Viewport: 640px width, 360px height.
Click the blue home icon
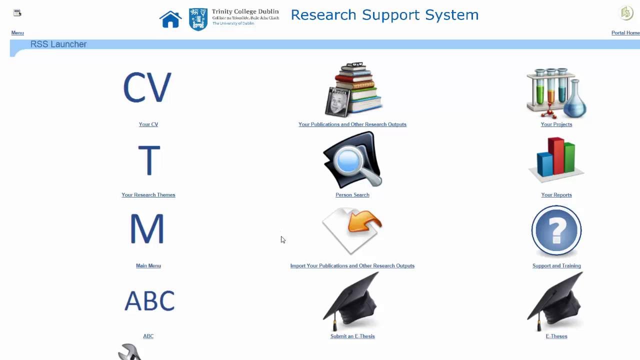pyautogui.click(x=170, y=19)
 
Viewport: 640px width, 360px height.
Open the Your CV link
pyautogui.click(x=148, y=124)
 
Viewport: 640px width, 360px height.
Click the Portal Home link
pyautogui.click(x=625, y=33)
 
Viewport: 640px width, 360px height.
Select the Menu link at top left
pyautogui.click(x=17, y=33)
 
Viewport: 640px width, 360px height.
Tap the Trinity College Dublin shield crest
pyautogui.click(x=198, y=19)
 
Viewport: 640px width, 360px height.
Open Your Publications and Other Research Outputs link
pyautogui.click(x=352, y=124)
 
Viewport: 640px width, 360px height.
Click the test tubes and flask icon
pyautogui.click(x=556, y=92)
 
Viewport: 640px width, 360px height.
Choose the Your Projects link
pyautogui.click(x=556, y=124)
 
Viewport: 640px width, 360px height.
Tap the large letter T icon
pyautogui.click(x=149, y=160)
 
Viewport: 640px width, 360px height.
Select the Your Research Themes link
pyautogui.click(x=148, y=195)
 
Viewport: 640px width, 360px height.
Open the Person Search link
pyautogui.click(x=352, y=195)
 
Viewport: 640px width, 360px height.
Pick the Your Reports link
pyautogui.click(x=556, y=195)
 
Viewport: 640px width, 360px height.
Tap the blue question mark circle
pyautogui.click(x=556, y=230)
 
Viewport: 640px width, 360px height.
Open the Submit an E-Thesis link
pyautogui.click(x=352, y=336)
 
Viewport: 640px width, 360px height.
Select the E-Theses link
pyautogui.click(x=556, y=336)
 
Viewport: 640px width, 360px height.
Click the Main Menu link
pyautogui.click(x=148, y=266)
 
